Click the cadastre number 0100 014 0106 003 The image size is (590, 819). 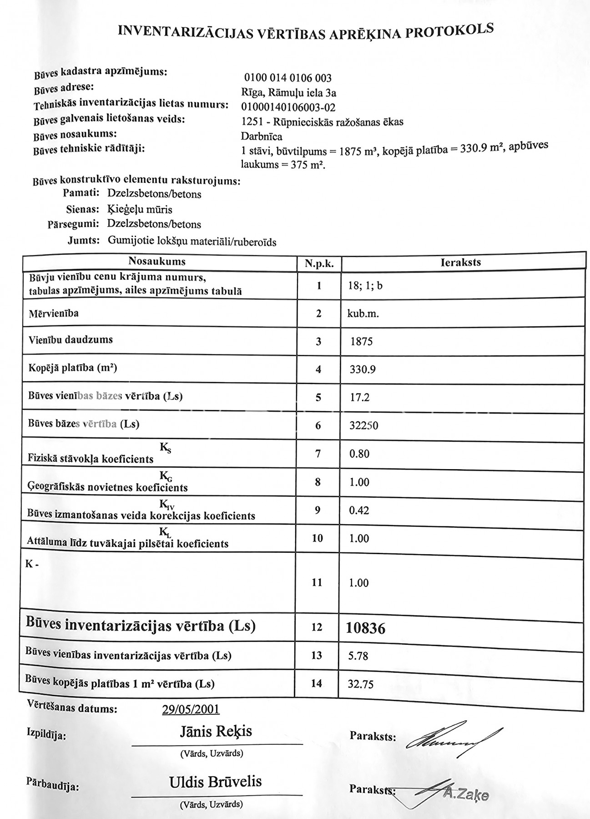(287, 78)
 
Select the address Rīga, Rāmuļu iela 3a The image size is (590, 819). (288, 93)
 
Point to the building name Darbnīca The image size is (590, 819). (261, 136)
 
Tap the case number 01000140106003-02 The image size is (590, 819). (288, 107)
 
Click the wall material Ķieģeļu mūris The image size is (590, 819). (140, 209)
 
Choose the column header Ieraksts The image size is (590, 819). (460, 263)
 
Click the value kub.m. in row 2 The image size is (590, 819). (363, 313)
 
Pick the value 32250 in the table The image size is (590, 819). (363, 426)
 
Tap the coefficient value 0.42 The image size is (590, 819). (359, 511)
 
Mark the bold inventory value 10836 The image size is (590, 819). (365, 629)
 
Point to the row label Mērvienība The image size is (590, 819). (53, 313)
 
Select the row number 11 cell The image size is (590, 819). (317, 582)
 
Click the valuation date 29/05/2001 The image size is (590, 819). (191, 709)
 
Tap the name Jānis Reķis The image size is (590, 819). (216, 732)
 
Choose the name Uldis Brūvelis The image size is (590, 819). (216, 782)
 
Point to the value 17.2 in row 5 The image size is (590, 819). (359, 398)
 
